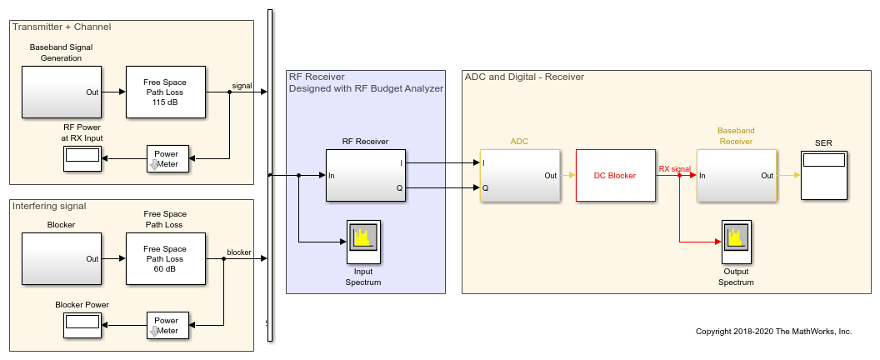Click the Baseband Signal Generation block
click(x=61, y=92)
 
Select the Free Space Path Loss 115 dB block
click(x=164, y=92)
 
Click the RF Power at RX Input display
click(x=82, y=158)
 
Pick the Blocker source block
click(x=61, y=258)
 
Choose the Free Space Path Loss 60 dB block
click(x=164, y=258)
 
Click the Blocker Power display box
click(x=82, y=325)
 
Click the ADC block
click(x=519, y=175)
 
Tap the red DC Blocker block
click(x=615, y=176)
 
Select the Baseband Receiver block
click(x=736, y=175)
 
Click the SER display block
click(x=823, y=175)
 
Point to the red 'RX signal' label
click(x=674, y=169)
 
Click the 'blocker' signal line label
click(x=239, y=252)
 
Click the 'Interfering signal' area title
click(x=50, y=206)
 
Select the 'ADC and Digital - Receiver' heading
click(x=524, y=77)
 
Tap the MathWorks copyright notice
click(x=773, y=332)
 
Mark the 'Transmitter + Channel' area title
click(x=62, y=27)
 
